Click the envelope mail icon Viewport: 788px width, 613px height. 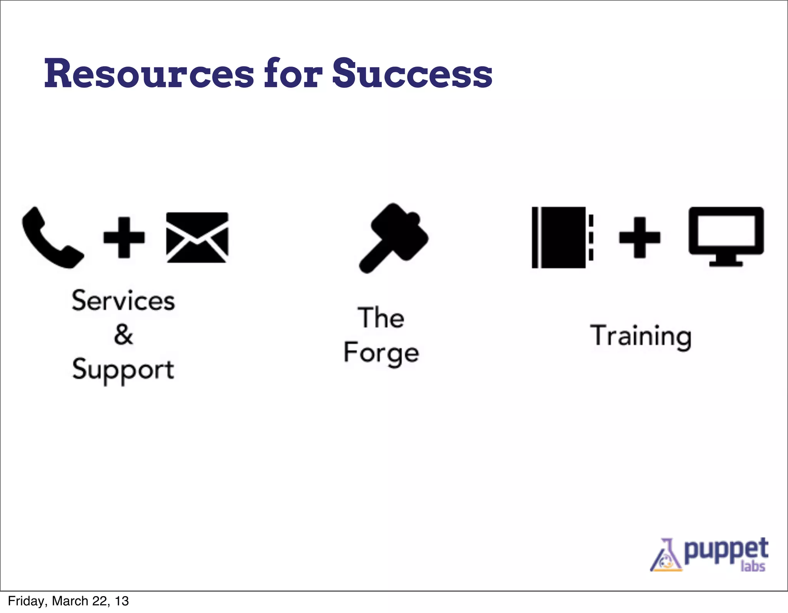(197, 237)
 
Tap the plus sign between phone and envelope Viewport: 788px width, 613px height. (124, 237)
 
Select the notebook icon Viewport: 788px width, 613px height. (562, 237)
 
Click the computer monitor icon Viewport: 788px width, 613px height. (726, 236)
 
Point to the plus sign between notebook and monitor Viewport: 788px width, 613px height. (639, 237)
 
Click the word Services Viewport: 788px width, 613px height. (123, 301)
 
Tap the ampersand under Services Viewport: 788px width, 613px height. (124, 334)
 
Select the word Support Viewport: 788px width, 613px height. (123, 370)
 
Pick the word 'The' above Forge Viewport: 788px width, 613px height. (381, 318)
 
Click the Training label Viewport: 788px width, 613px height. (641, 336)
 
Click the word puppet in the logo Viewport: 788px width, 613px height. (726, 550)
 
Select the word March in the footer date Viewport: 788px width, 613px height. (70, 601)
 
